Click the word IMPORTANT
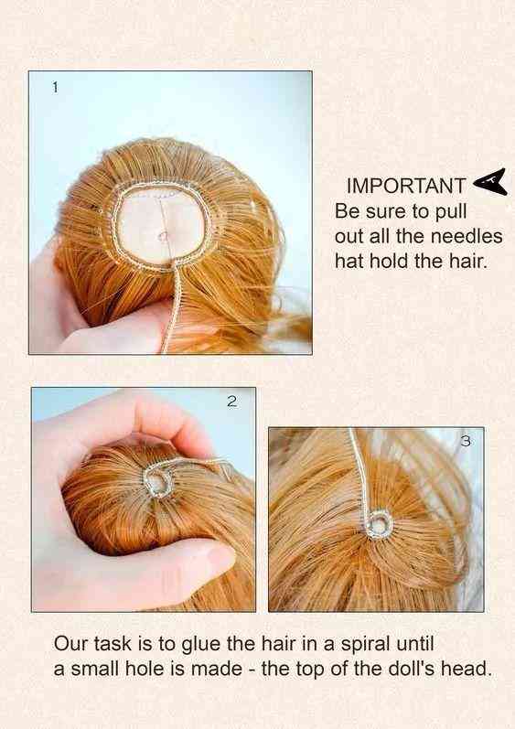[x=405, y=186]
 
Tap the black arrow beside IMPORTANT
[x=490, y=182]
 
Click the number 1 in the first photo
[x=55, y=87]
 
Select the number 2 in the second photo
[x=232, y=401]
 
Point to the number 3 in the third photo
[x=466, y=441]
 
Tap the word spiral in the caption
[x=365, y=644]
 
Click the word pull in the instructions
[x=450, y=212]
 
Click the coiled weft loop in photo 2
[x=158, y=481]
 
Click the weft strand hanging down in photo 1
[x=171, y=306]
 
